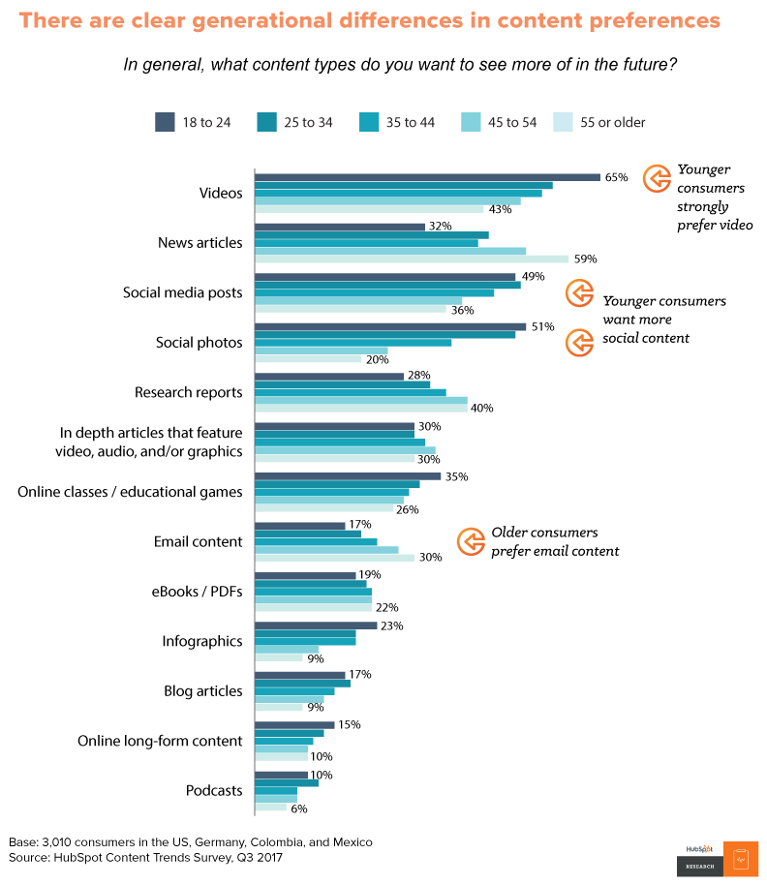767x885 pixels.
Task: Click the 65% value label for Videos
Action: tap(617, 177)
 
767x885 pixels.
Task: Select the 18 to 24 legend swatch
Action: tap(165, 122)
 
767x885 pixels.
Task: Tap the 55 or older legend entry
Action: tap(599, 122)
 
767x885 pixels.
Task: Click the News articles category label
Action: tap(199, 243)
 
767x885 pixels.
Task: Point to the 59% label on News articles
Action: tap(584, 259)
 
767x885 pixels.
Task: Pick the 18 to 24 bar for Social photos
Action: tap(389, 327)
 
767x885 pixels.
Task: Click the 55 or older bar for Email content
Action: tap(334, 558)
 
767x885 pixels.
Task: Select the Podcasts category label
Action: tap(213, 791)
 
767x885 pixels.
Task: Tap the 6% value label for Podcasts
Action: tap(299, 808)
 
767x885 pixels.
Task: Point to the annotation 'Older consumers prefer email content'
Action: tap(554, 541)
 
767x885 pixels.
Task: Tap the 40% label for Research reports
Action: tap(481, 408)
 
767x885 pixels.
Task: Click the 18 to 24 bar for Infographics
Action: tap(315, 626)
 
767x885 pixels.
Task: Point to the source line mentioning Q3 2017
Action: tap(145, 858)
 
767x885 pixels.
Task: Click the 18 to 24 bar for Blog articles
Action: tap(299, 675)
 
